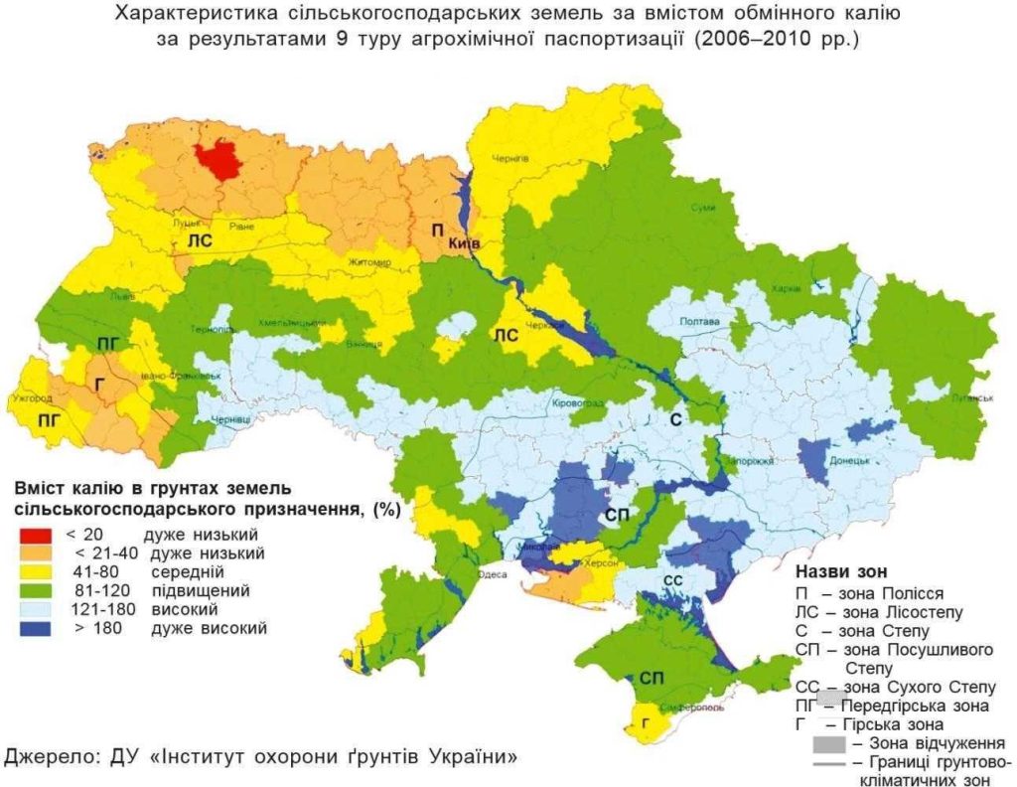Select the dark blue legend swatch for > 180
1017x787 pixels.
pyautogui.click(x=35, y=628)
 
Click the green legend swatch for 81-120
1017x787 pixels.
pyautogui.click(x=35, y=590)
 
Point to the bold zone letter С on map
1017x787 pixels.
pyautogui.click(x=673, y=420)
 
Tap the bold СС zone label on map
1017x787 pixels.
pyautogui.click(x=672, y=579)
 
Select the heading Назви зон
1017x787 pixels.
pyautogui.click(x=845, y=572)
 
